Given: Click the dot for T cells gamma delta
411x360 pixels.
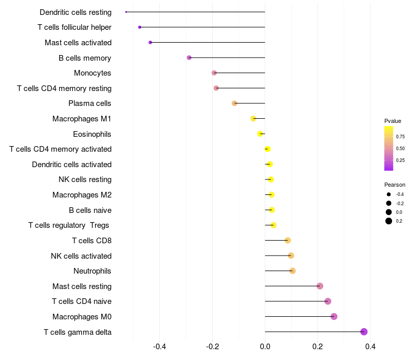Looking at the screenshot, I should (364, 332).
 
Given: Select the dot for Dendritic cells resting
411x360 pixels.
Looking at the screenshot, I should (126, 12).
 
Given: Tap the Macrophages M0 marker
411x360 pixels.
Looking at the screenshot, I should (334, 316).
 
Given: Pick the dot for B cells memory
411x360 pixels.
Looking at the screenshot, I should (189, 58).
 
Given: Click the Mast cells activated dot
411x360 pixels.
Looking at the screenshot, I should (150, 42).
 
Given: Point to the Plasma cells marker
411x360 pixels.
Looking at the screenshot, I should (234, 103).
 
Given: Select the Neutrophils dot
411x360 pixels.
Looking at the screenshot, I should (292, 271).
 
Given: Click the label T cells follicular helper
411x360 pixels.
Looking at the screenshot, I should (74, 27).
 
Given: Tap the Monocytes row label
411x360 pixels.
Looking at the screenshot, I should (92, 73).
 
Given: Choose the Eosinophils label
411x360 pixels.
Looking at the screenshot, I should (92, 134).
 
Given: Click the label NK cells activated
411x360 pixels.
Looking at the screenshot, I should (81, 256).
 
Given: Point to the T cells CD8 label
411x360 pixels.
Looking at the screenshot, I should (91, 241).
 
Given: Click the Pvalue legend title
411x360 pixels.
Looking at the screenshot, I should (393, 121).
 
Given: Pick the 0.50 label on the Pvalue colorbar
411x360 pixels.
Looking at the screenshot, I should (400, 149).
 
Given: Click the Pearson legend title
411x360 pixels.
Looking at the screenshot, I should (395, 185).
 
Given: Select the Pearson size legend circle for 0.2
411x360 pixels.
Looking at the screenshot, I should (389, 221).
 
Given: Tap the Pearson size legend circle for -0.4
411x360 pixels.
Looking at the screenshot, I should (389, 194).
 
